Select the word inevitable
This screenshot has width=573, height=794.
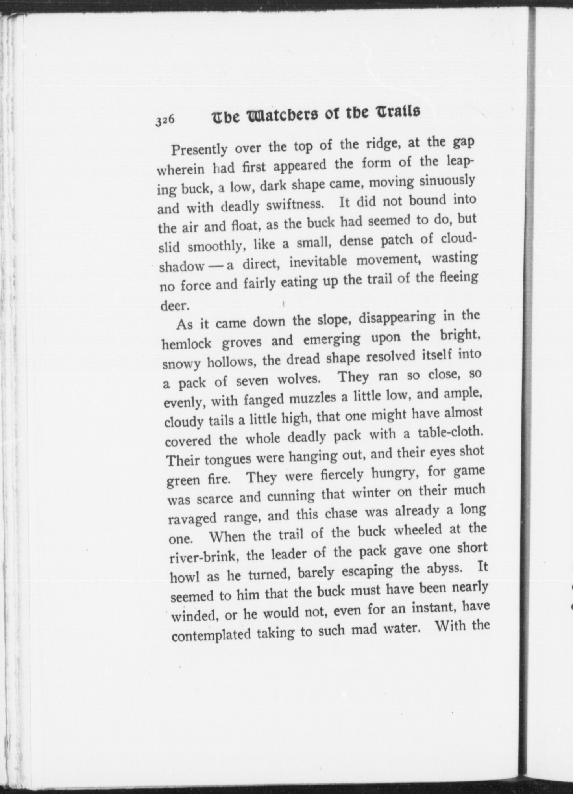318,262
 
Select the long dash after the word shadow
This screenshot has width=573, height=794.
215,266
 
